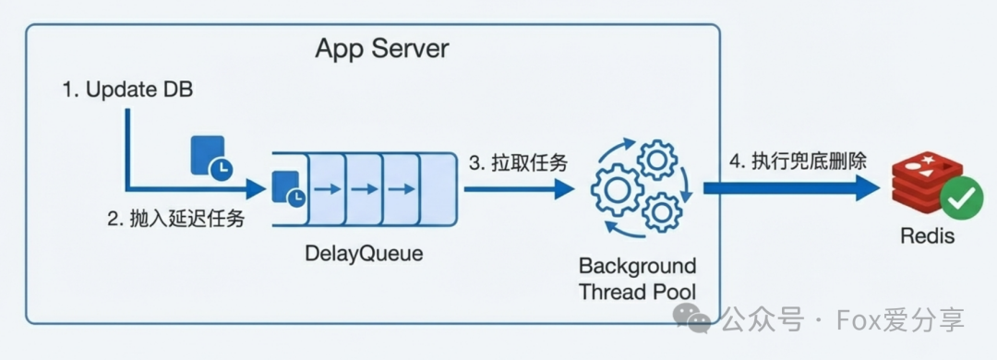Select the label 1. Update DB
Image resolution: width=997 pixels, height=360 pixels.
[x=127, y=90]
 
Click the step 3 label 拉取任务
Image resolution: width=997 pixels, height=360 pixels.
[x=518, y=163]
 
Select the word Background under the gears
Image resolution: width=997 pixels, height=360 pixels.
[x=637, y=267]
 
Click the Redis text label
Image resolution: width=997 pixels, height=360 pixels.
[x=927, y=237]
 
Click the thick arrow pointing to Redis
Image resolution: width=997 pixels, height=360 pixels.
[x=789, y=188]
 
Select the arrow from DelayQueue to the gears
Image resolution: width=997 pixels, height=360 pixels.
[x=517, y=189]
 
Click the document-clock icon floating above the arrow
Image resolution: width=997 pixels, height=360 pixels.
[x=209, y=157]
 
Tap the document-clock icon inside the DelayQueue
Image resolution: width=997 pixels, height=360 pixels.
[x=287, y=190]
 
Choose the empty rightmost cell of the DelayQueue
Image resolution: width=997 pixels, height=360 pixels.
[x=432, y=189]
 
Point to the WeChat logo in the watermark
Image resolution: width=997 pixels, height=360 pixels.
[x=692, y=319]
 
